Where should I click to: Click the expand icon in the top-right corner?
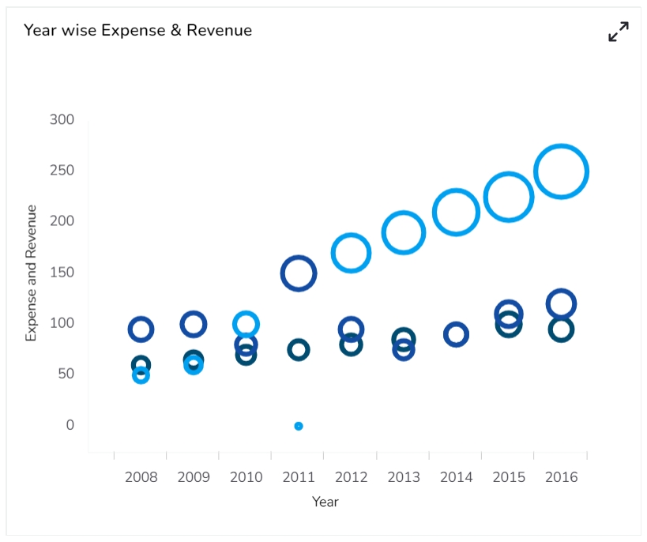[x=618, y=32]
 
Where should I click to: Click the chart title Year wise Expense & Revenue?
[x=137, y=31]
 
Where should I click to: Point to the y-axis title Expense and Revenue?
[x=32, y=273]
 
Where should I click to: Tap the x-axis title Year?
[x=325, y=502]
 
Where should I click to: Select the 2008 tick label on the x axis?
[x=141, y=477]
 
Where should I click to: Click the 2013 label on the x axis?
[x=404, y=477]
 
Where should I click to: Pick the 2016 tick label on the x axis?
[x=561, y=477]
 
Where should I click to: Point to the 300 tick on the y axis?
[x=62, y=120]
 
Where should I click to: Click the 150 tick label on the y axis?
[x=62, y=273]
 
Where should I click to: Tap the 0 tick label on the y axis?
[x=70, y=425]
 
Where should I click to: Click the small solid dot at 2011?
[x=299, y=426]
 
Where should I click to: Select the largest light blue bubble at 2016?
[x=561, y=171]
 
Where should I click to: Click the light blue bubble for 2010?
[x=246, y=324]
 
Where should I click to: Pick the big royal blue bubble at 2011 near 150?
[x=299, y=273]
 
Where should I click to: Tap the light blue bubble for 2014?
[x=456, y=213]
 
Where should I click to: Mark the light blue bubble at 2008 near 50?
[x=141, y=375]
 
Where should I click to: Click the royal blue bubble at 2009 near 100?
[x=194, y=324]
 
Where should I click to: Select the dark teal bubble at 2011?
[x=299, y=350]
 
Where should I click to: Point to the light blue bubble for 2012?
[x=351, y=254]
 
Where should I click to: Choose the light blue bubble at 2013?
[x=404, y=233]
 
